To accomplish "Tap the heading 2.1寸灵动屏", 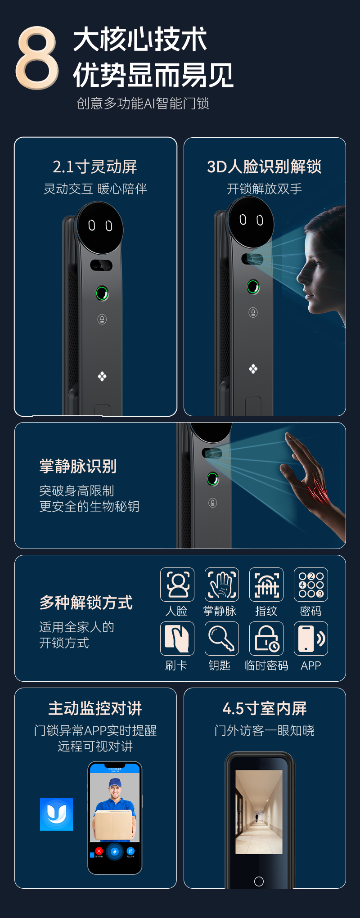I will tap(95, 166).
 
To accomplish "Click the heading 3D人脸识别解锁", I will tap(264, 166).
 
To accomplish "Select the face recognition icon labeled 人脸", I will tap(177, 585).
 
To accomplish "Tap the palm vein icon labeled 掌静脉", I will tap(221, 585).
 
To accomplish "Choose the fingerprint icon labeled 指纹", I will tap(266, 585).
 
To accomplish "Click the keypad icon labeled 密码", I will tap(311, 585).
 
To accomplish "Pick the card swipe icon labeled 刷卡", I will tap(177, 639).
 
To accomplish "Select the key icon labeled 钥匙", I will tap(221, 639).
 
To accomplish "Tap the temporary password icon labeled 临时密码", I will tap(266, 639).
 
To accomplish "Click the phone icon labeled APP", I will tap(311, 639).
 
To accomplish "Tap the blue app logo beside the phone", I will tap(56, 814).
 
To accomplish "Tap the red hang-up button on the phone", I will tap(99, 851).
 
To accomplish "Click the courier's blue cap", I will tap(115, 782).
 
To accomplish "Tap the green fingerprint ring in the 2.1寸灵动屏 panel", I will tap(102, 293).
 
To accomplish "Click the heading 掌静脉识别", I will tap(78, 466).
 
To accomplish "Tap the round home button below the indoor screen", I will tap(259, 881).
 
